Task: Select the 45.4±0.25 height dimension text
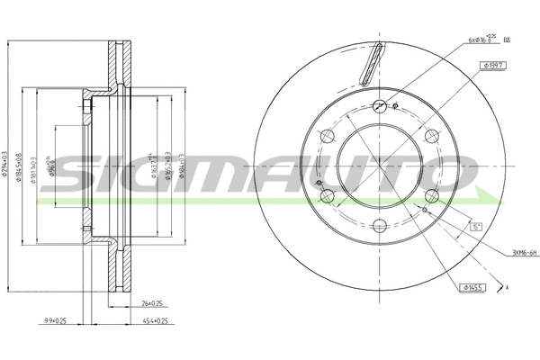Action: (x=156, y=319)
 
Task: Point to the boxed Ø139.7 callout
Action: (x=494, y=65)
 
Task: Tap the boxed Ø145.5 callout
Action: (x=472, y=287)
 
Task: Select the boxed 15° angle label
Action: (x=476, y=227)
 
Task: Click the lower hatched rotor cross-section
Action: (x=115, y=270)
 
